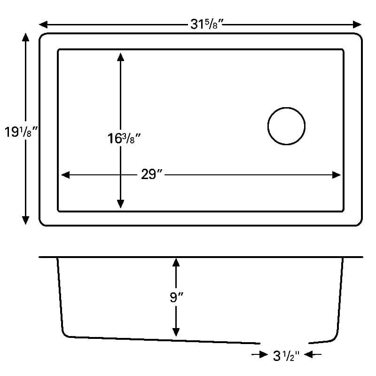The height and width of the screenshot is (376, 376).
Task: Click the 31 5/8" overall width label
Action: (207, 24)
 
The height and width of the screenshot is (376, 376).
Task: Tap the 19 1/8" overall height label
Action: (21, 132)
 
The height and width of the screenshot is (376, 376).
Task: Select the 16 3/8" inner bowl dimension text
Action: (124, 138)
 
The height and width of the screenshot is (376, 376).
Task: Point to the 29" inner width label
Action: (151, 174)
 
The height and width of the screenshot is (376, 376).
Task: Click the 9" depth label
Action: (177, 298)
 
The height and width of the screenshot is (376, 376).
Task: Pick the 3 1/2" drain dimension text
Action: (286, 356)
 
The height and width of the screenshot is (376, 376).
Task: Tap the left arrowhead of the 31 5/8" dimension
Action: (43, 24)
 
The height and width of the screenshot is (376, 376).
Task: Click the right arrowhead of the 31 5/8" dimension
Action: (357, 24)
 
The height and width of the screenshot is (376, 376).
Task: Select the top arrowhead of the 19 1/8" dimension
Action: (25, 37)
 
